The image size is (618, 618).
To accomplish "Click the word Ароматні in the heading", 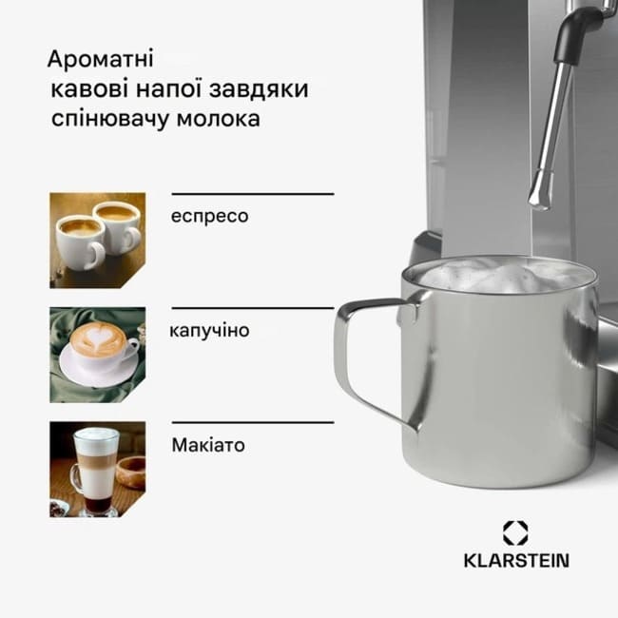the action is (100, 59).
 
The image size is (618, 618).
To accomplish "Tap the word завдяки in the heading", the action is (259, 89).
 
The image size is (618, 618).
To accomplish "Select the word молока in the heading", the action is (218, 118).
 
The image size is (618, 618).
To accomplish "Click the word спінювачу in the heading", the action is (110, 119).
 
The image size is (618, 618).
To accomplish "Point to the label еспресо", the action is (209, 217).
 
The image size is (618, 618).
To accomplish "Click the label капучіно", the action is (209, 330).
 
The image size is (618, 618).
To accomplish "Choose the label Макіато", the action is (208, 445).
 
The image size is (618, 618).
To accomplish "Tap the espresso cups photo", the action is (97, 241).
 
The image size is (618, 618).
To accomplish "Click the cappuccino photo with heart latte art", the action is (97, 355).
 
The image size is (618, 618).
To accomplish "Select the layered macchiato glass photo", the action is (97, 469).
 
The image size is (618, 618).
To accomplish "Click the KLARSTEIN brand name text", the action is (516, 560).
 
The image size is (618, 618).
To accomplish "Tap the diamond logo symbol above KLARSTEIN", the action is (515, 533).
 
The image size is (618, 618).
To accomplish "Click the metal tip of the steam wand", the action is (539, 194).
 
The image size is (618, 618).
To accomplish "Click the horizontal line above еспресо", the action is (253, 194).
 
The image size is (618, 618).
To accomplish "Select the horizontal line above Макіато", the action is (253, 422).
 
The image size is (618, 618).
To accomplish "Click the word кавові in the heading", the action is (89, 89).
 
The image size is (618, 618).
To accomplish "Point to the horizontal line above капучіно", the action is (253, 308).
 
